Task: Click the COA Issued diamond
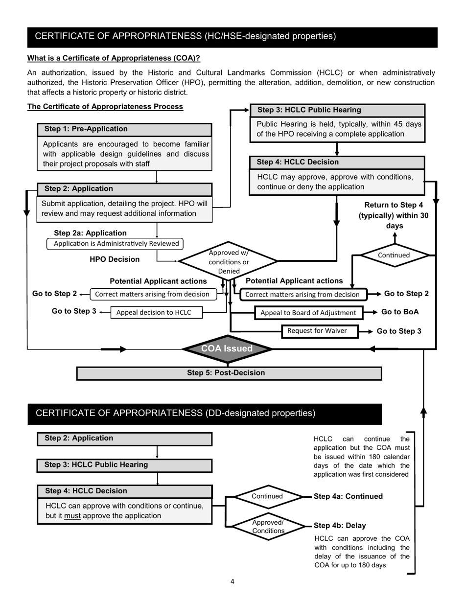tap(227, 349)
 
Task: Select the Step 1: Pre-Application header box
tap(125, 129)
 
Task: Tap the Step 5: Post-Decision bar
tap(229, 373)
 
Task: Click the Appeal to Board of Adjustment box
tap(308, 313)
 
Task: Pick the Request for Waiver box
tap(320, 331)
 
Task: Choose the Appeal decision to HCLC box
tap(157, 312)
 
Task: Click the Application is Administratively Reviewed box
tap(115, 244)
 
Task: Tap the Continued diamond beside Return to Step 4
tap(394, 255)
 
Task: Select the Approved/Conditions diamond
tap(268, 526)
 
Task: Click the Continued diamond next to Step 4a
tap(267, 496)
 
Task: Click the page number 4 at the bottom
tap(232, 581)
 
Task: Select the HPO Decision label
tap(115, 259)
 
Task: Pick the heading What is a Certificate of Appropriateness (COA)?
tap(114, 58)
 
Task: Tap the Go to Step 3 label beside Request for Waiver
tap(399, 331)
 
